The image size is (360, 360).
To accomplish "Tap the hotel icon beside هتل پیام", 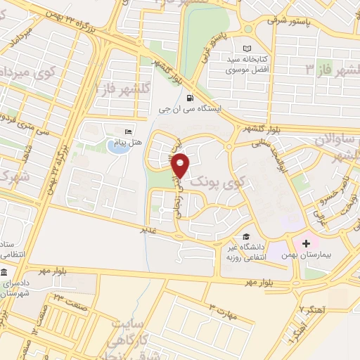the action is pyautogui.click(x=127, y=131).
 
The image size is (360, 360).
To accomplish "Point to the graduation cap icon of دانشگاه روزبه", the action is pyautogui.click(x=246, y=236).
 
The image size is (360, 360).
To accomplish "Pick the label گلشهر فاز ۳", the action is pyautogui.click(x=330, y=68).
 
